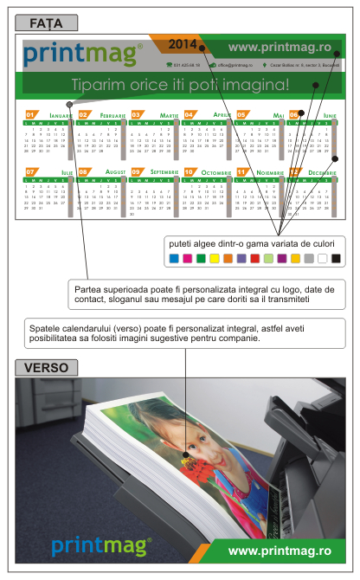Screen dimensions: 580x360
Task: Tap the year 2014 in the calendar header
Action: (x=183, y=42)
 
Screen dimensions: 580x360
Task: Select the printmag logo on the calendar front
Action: (x=82, y=55)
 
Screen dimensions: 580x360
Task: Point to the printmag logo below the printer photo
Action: (x=100, y=545)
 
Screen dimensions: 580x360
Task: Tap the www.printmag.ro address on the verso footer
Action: (x=279, y=550)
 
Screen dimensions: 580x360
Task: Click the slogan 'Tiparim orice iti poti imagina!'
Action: (x=180, y=84)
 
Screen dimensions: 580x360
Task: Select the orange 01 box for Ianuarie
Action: (x=30, y=114)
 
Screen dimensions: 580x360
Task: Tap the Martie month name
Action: (x=169, y=115)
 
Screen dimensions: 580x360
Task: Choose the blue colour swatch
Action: (x=173, y=258)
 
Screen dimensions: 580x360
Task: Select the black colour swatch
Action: (x=336, y=258)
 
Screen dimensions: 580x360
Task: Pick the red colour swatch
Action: (x=254, y=258)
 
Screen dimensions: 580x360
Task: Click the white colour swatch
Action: (x=322, y=258)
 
